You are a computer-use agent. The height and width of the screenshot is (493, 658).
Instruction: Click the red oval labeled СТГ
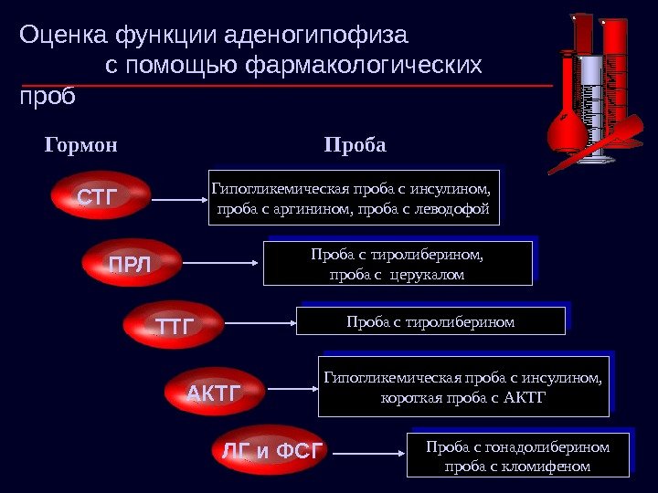tap(98, 196)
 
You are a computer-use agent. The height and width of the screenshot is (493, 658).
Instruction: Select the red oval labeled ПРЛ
tap(130, 263)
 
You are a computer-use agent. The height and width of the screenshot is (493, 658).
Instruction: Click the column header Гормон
tap(81, 146)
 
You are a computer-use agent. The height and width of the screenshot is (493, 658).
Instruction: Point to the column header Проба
tap(356, 146)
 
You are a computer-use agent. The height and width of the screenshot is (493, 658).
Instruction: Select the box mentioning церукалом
tap(397, 263)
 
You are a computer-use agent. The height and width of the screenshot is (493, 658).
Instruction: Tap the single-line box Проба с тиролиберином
tap(430, 321)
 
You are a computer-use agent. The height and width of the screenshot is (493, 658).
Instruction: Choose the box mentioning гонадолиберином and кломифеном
tap(517, 455)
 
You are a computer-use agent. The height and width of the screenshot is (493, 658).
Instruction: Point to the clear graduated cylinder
tap(593, 105)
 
